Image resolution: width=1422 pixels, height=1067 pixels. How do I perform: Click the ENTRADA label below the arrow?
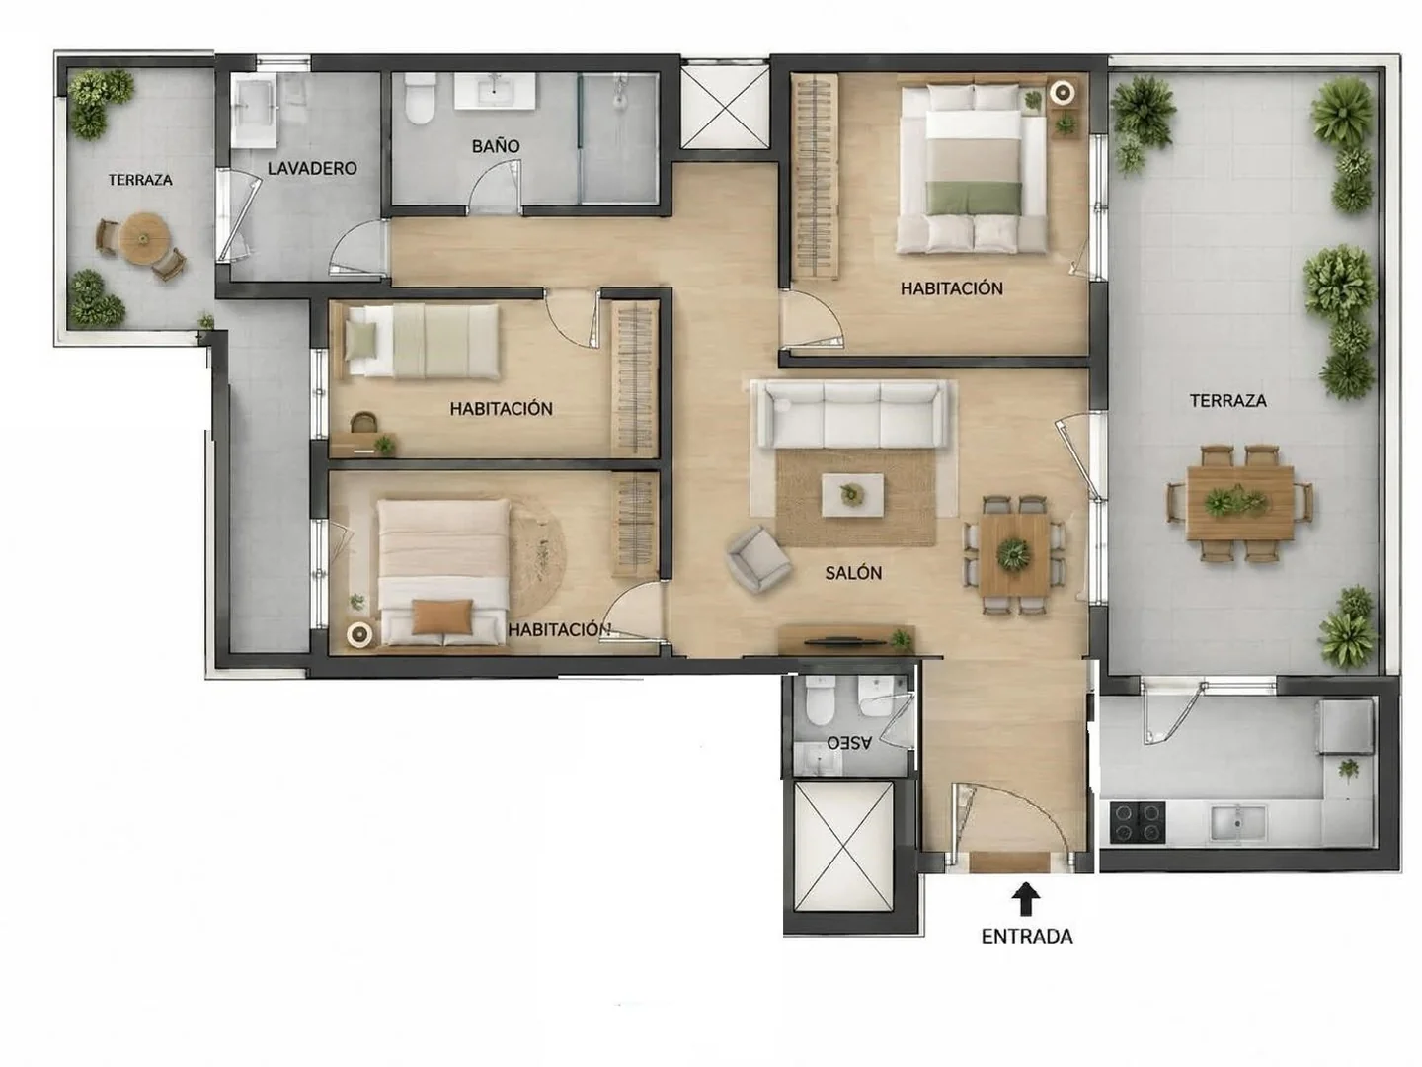pos(1027,937)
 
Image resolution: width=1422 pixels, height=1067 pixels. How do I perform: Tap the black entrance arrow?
pos(1026,900)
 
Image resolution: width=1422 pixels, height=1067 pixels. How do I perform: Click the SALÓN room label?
pos(853,573)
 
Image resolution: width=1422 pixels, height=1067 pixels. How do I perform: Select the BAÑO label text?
pos(496,146)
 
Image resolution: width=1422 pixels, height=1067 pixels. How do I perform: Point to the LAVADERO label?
pos(312,168)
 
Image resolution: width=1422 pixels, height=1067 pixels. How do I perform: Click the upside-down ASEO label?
pos(849,742)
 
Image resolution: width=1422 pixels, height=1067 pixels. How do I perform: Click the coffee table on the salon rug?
pos(852,495)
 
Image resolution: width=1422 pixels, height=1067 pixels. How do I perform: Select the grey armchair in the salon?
pos(758,558)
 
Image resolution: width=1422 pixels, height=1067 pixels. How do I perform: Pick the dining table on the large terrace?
pos(1240,503)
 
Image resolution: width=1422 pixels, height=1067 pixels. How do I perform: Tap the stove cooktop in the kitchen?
pos(1138,822)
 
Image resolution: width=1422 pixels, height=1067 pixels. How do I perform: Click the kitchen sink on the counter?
pos(1237,823)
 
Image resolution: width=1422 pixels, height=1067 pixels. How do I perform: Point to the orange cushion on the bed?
pos(443,616)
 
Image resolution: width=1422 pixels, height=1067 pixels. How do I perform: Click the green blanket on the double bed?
pos(974,198)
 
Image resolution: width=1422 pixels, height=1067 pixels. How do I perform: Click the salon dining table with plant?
pos(1014,554)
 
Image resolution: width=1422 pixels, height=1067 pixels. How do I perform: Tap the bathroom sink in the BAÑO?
pos(495,91)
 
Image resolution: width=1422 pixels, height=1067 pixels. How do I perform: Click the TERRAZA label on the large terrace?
pos(1227,400)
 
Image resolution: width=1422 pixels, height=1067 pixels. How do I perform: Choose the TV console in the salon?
pos(846,639)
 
